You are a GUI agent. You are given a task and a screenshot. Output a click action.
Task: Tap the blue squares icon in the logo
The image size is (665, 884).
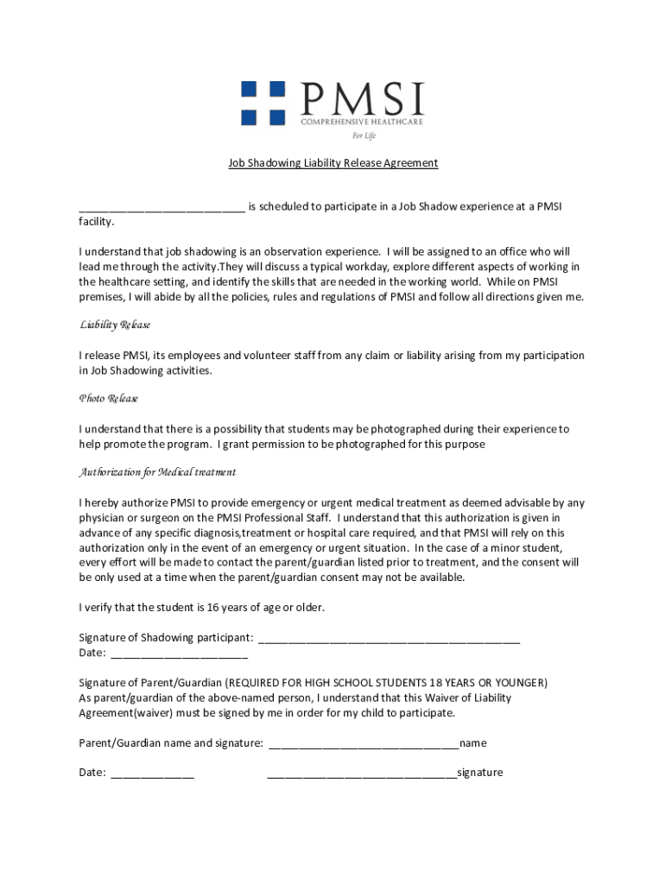(263, 103)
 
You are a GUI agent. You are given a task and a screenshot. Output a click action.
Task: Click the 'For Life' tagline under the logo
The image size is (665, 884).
(363, 136)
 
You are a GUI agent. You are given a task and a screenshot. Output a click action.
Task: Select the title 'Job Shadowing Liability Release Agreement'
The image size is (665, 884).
(332, 162)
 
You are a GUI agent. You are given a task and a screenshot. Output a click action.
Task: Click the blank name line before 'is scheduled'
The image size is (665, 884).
(161, 207)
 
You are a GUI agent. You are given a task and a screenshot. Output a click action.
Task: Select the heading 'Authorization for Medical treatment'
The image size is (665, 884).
(157, 473)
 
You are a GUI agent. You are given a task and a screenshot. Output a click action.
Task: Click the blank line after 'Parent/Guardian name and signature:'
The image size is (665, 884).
(364, 743)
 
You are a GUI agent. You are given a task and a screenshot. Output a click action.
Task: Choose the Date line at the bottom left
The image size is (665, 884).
(151, 773)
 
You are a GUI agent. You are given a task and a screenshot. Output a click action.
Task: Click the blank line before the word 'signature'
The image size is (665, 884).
(362, 773)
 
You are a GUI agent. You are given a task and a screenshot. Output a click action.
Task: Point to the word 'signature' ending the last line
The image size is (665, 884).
(480, 773)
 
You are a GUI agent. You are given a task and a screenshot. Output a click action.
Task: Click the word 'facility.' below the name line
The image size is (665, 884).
(97, 222)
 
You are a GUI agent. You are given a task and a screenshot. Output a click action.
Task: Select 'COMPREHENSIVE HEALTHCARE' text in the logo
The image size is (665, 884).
(362, 123)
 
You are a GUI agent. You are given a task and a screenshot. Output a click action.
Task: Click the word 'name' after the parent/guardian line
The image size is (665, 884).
(473, 742)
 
